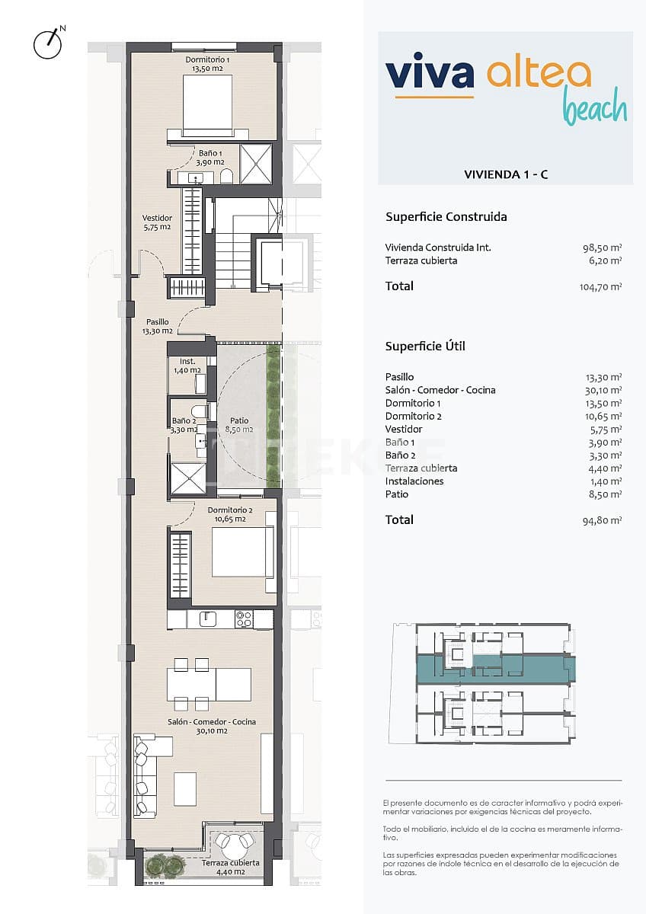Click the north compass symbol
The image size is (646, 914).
click(47, 43)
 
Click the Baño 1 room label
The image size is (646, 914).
click(209, 157)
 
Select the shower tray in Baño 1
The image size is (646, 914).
click(256, 163)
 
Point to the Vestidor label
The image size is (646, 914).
click(157, 222)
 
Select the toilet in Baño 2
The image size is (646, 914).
click(197, 412)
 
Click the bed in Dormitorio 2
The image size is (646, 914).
click(242, 551)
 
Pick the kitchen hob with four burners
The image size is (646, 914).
click(244, 619)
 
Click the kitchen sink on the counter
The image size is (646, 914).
click(209, 619)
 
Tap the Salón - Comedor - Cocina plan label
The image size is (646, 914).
click(212, 726)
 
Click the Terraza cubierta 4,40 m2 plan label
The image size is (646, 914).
click(231, 868)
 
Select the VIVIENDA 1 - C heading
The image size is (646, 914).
click(506, 174)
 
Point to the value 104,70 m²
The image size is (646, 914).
click(600, 286)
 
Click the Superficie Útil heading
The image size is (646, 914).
click(425, 346)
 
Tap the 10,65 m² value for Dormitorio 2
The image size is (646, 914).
click(604, 416)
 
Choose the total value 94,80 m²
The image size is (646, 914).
click(603, 520)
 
